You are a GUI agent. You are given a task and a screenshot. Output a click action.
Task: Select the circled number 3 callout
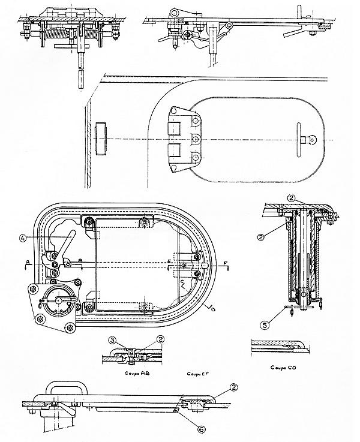112,341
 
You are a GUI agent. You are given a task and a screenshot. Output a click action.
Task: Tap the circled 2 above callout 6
230,388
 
